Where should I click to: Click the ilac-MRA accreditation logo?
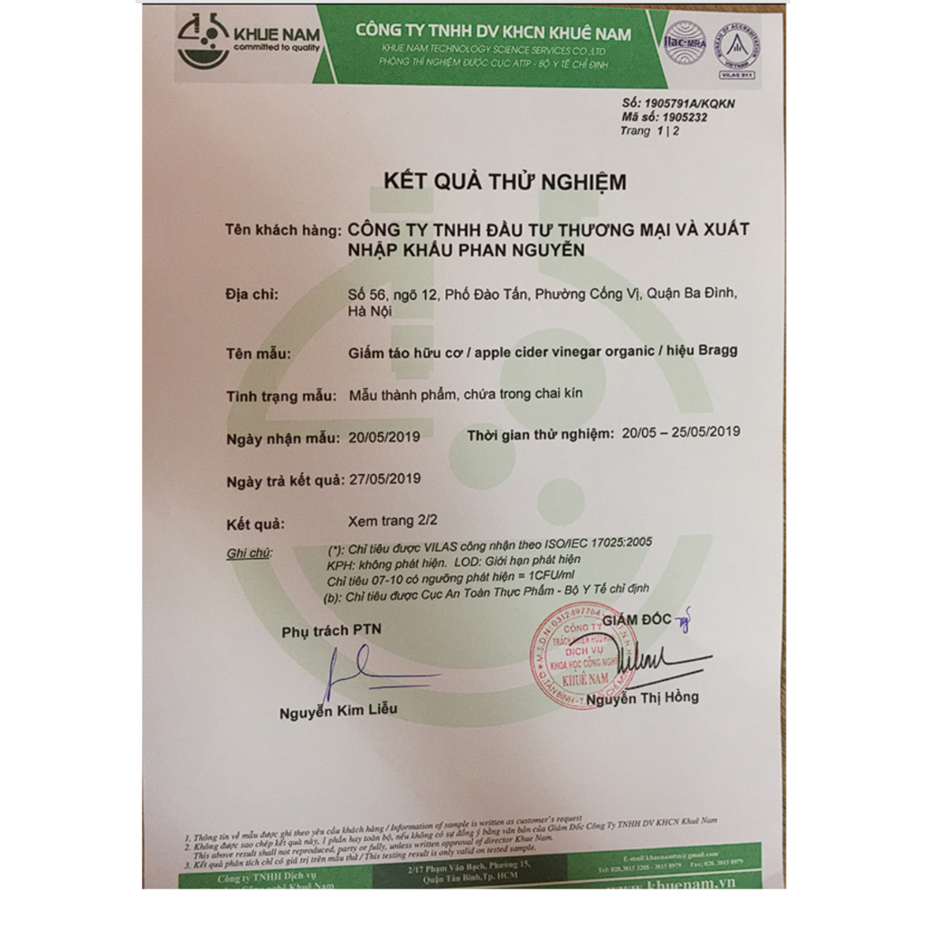click(684, 42)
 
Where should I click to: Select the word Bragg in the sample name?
click(717, 352)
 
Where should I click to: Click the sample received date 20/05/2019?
click(384, 438)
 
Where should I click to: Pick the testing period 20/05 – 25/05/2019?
click(681, 431)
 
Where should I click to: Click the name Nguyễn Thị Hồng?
click(642, 697)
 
